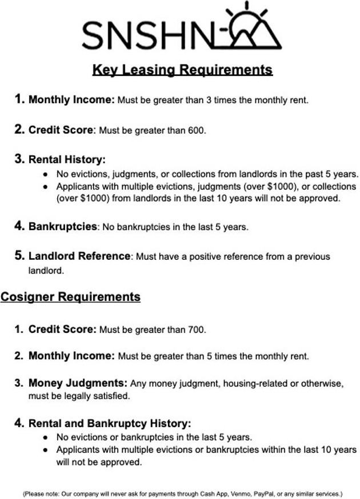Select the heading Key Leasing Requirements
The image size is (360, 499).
tap(182, 70)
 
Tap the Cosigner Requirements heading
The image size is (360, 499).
tap(70, 297)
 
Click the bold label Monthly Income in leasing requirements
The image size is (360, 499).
tap(71, 100)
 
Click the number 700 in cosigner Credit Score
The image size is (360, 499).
tap(196, 329)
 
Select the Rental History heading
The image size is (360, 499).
tap(67, 160)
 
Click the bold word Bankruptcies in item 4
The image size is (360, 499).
tap(63, 227)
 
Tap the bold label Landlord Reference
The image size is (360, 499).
tap(79, 256)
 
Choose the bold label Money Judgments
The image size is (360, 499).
tap(78, 383)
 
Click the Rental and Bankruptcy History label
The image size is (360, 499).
tap(110, 424)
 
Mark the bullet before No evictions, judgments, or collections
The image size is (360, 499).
tap(45, 174)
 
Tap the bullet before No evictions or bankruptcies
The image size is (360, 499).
tap(45, 438)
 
